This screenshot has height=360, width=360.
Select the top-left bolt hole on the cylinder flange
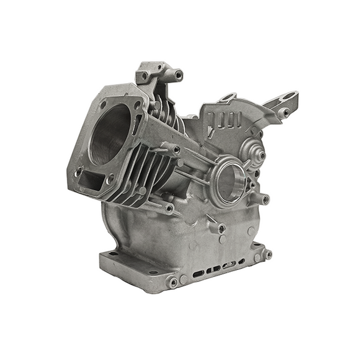pyautogui.click(x=102, y=105)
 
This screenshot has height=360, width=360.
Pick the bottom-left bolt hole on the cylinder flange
pyautogui.click(x=79, y=168)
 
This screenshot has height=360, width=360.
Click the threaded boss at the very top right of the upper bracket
pyautogui.click(x=179, y=75)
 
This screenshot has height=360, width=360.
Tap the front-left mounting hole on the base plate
pyautogui.click(x=114, y=255)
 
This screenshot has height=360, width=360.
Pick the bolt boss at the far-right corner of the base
pyautogui.click(x=268, y=254)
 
